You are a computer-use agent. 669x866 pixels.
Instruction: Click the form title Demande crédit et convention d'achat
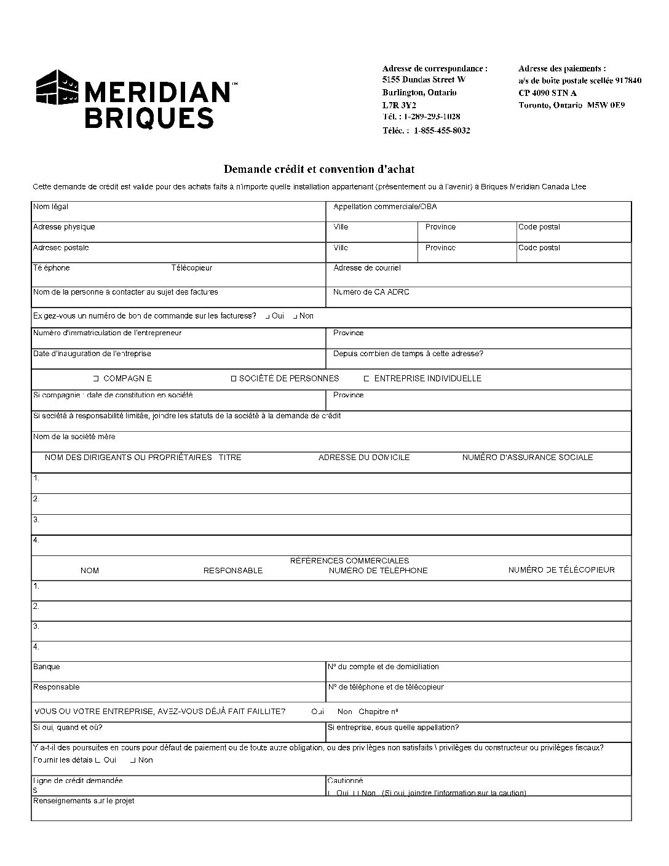click(319, 169)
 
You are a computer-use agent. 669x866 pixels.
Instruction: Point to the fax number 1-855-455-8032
click(442, 130)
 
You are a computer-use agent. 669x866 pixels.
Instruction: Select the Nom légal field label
click(50, 207)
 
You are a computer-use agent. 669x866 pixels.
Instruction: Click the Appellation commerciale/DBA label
click(385, 207)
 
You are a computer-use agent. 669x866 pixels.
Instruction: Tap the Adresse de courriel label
click(366, 268)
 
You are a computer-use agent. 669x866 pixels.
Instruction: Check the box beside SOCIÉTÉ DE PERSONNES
click(234, 379)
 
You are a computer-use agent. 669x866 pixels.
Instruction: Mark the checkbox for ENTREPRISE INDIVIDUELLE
click(366, 379)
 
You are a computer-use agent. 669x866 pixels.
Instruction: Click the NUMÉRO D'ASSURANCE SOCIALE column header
click(528, 458)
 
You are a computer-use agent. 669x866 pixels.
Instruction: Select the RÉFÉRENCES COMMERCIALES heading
click(349, 561)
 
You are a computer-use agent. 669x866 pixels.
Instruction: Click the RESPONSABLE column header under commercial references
click(233, 571)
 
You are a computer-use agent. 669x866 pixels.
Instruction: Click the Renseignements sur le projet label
click(83, 801)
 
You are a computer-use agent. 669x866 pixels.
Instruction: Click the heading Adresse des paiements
click(562, 69)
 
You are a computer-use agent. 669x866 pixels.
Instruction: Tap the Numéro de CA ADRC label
click(371, 292)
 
